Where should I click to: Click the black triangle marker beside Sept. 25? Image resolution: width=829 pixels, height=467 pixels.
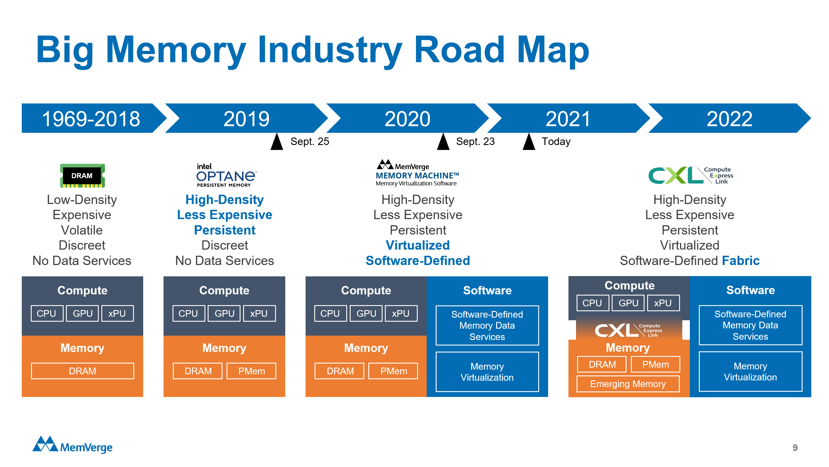(x=277, y=142)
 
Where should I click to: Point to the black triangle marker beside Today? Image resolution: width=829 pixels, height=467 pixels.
(x=529, y=142)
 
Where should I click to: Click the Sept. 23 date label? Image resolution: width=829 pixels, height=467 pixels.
(x=475, y=142)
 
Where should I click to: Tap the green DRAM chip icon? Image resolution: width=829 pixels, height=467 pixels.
(x=82, y=176)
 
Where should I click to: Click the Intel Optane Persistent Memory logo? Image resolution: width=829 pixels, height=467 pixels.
(x=226, y=175)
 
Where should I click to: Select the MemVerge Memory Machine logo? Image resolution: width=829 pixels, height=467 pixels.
(x=417, y=173)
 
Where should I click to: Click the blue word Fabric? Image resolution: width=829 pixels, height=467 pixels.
(x=740, y=261)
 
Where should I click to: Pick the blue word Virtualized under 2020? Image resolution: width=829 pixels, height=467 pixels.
(x=417, y=245)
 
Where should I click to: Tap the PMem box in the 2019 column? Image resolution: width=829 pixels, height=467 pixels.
(x=251, y=371)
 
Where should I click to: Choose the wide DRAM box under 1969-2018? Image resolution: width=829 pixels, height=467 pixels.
(x=82, y=371)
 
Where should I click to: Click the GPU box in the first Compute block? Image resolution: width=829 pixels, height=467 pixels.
(x=82, y=313)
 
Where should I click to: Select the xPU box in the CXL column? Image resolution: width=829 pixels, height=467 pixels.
(x=663, y=303)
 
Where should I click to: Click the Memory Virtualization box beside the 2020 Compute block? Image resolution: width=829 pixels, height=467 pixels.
(x=487, y=372)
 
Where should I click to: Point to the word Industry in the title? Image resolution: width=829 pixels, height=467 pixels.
(x=330, y=50)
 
